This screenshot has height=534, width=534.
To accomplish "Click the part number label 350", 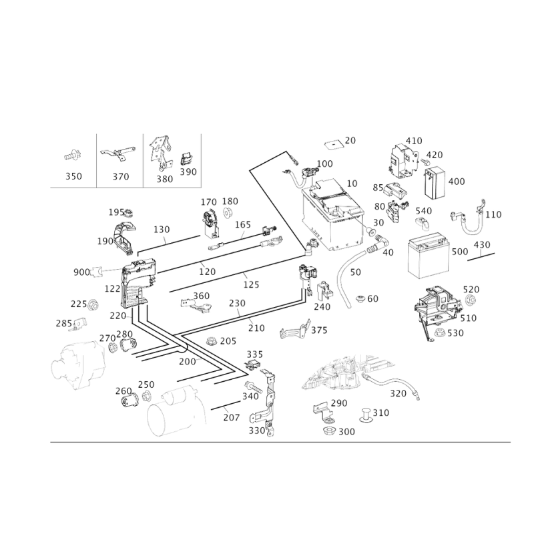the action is tap(73, 176).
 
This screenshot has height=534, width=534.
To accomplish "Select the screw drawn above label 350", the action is tap(72, 156).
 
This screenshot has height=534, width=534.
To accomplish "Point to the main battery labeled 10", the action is tap(332, 214).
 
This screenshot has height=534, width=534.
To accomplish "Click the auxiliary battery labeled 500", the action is tap(429, 256).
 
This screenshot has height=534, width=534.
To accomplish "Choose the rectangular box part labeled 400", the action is tap(435, 182).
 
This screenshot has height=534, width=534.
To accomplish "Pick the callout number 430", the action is tap(482, 244).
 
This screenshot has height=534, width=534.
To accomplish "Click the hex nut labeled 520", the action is tap(471, 300).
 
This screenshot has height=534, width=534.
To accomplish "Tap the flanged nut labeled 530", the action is tap(440, 332).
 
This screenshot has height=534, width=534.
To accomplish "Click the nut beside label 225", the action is tap(93, 304).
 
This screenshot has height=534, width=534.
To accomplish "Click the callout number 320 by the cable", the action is tap(398, 393).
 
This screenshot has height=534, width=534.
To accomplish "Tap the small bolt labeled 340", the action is tap(252, 386).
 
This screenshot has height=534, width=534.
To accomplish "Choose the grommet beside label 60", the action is tap(360, 299).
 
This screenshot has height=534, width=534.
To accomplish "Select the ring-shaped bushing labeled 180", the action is tap(228, 212).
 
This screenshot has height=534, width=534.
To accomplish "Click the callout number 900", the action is tap(81, 272).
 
